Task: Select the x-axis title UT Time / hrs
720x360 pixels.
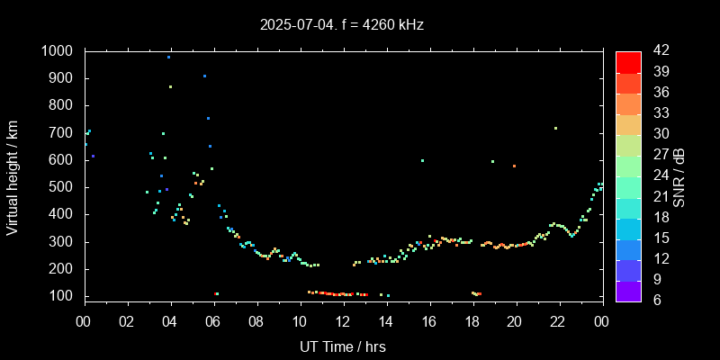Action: (x=343, y=346)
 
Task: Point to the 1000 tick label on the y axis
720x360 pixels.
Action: (x=59, y=51)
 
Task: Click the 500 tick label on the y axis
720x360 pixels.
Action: (x=64, y=187)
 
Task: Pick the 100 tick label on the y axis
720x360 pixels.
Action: (x=64, y=296)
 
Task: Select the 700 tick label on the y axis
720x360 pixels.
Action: (x=64, y=133)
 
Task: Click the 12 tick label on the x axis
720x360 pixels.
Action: (x=343, y=321)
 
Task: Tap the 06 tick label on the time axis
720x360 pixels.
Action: (x=213, y=321)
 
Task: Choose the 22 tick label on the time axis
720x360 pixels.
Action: (x=558, y=321)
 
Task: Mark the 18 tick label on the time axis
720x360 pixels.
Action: (x=472, y=321)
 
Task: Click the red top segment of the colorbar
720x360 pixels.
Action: (x=628, y=61)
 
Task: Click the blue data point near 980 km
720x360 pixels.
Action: (x=168, y=57)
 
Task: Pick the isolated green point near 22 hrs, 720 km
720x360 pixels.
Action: (x=555, y=128)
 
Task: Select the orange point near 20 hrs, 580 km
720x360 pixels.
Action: (x=514, y=166)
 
